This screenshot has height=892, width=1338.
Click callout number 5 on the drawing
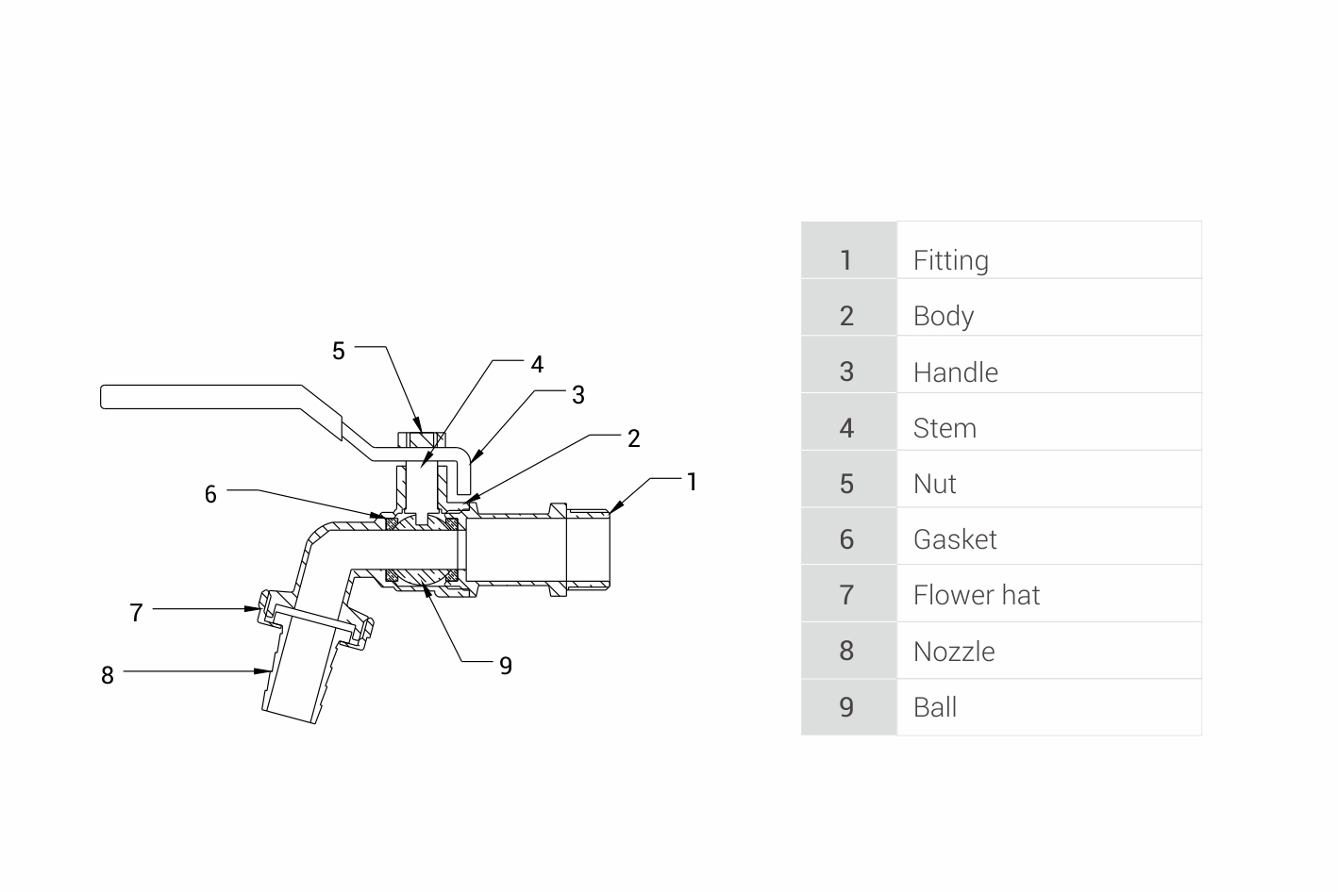pyautogui.click(x=339, y=352)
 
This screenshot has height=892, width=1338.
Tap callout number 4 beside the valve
pyautogui.click(x=537, y=365)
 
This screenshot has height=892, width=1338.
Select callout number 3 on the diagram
pyautogui.click(x=578, y=395)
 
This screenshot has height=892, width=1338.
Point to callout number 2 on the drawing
pyautogui.click(x=634, y=438)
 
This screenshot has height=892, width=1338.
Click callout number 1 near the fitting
pyautogui.click(x=692, y=482)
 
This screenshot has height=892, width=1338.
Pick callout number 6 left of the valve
pyautogui.click(x=210, y=494)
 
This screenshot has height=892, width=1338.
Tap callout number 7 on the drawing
pyautogui.click(x=136, y=613)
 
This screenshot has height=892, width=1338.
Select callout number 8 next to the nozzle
pyautogui.click(x=108, y=675)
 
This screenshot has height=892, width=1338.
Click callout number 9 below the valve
pyautogui.click(x=506, y=666)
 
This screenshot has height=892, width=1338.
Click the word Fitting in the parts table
pyautogui.click(x=950, y=260)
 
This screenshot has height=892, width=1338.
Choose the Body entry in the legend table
pyautogui.click(x=943, y=316)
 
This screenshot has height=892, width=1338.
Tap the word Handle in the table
pyautogui.click(x=955, y=372)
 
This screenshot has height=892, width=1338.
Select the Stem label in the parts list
pyautogui.click(x=945, y=428)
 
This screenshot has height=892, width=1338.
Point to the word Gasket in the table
pyautogui.click(x=954, y=539)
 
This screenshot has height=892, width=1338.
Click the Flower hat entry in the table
pyautogui.click(x=976, y=595)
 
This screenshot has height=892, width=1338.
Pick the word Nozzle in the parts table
pyautogui.click(x=953, y=652)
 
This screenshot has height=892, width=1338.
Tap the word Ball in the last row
pyautogui.click(x=934, y=707)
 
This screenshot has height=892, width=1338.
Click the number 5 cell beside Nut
pyautogui.click(x=846, y=484)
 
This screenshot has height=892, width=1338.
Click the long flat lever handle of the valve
pyautogui.click(x=208, y=397)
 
